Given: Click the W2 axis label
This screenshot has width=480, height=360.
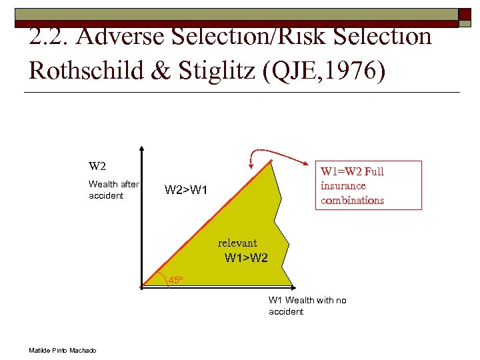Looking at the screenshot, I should [97, 166].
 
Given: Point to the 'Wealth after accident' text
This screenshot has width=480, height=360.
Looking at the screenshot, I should [113, 189].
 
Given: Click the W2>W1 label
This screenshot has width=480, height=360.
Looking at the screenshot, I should [186, 191].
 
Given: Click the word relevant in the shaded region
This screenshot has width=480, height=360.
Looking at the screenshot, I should [237, 243].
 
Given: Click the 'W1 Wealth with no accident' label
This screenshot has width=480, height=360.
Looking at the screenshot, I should [307, 306].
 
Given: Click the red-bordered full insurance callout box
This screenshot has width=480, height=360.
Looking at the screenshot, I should [368, 185].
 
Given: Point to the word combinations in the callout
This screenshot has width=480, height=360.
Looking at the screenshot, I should [352, 200].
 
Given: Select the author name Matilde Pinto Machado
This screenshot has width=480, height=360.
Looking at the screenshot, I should [63, 351].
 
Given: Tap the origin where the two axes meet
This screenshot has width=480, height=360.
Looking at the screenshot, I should [142, 286].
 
